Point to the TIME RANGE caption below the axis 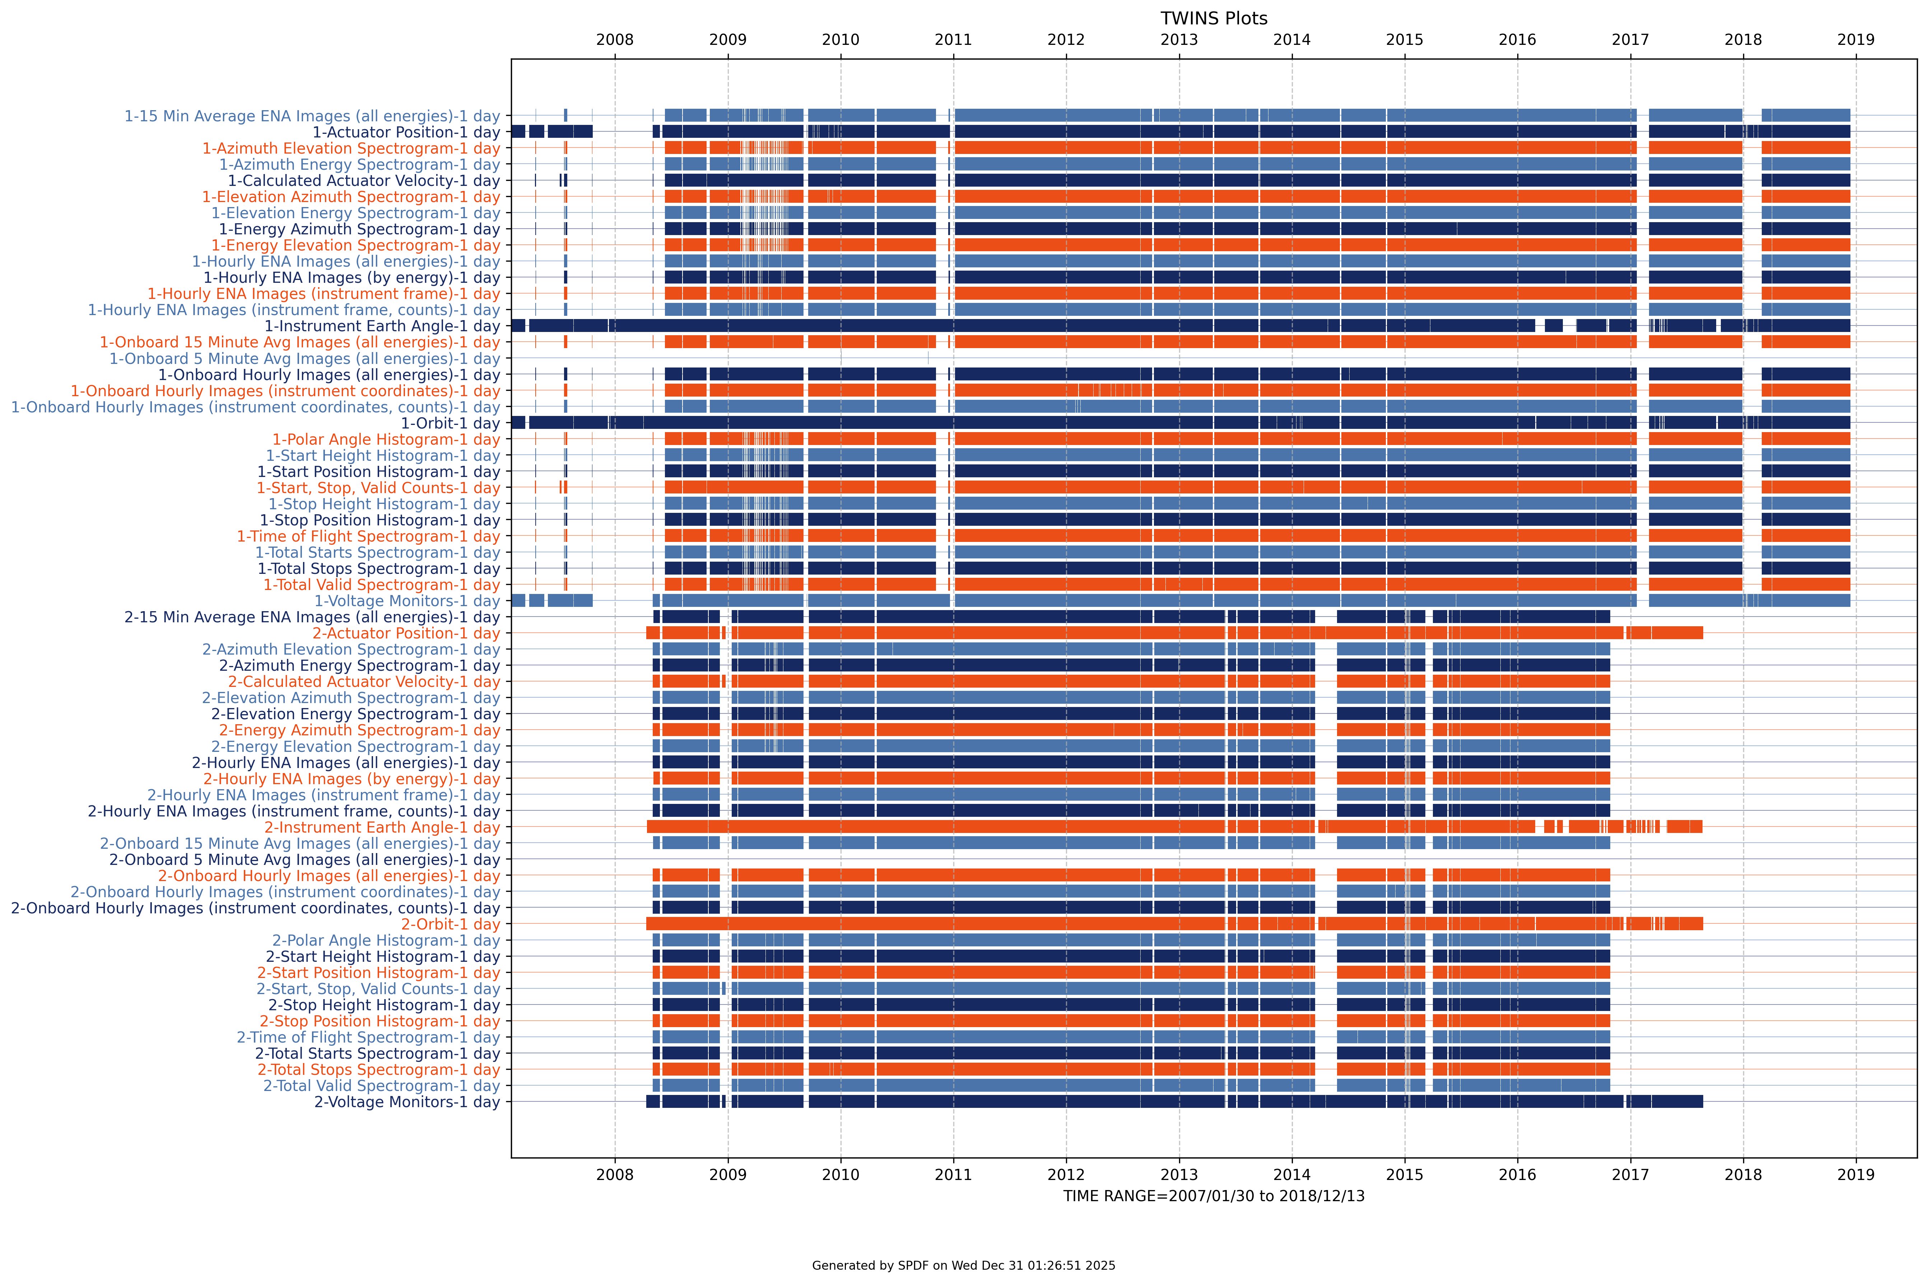tap(1214, 1196)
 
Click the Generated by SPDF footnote tap(963, 1265)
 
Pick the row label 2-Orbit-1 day tap(450, 924)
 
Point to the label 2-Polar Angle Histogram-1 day tap(386, 940)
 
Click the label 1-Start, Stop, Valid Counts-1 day tap(378, 488)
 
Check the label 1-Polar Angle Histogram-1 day tap(386, 439)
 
